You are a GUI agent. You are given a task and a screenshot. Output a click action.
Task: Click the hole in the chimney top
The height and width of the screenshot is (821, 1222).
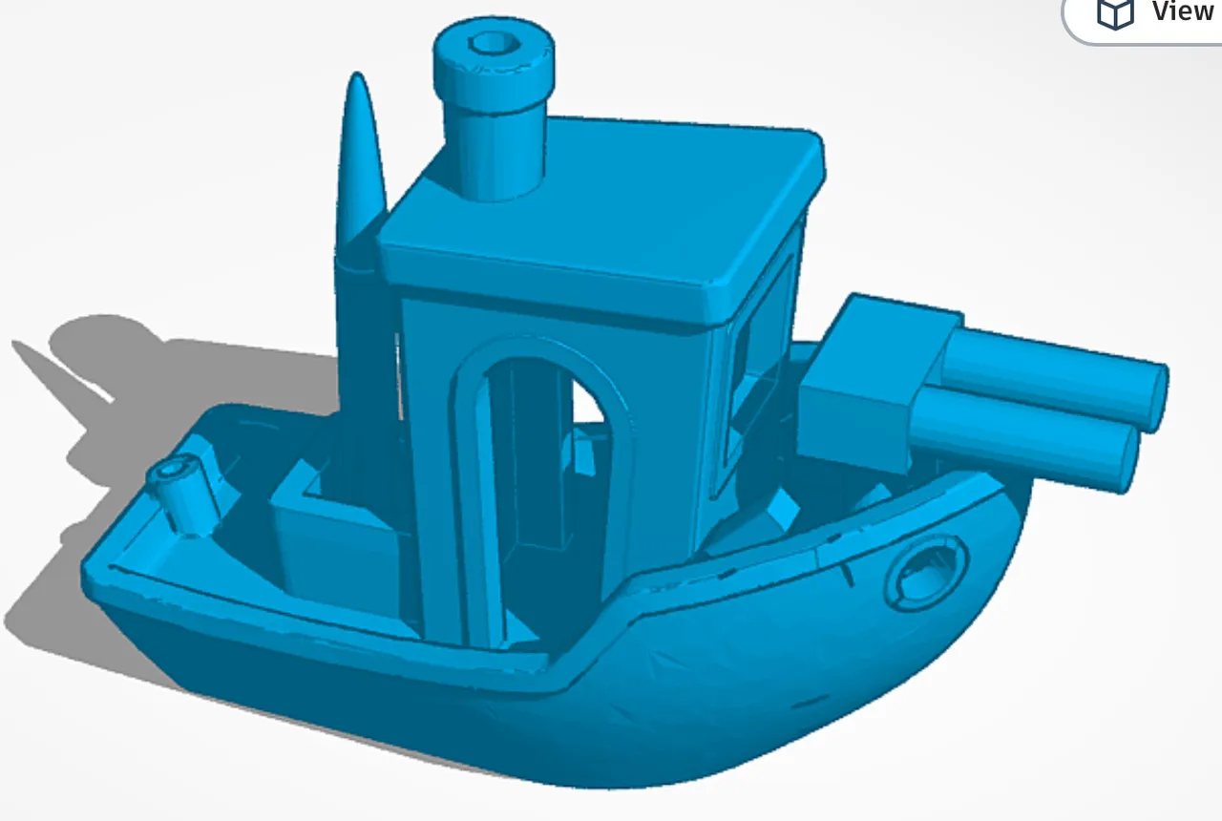(x=493, y=42)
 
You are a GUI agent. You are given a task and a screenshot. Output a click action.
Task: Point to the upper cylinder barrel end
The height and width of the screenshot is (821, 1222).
(x=1154, y=396)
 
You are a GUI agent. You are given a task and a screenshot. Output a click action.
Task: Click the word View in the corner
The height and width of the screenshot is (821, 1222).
(x=1181, y=11)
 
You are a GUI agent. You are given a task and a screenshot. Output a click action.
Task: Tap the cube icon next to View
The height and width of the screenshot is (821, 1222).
(x=1114, y=13)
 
